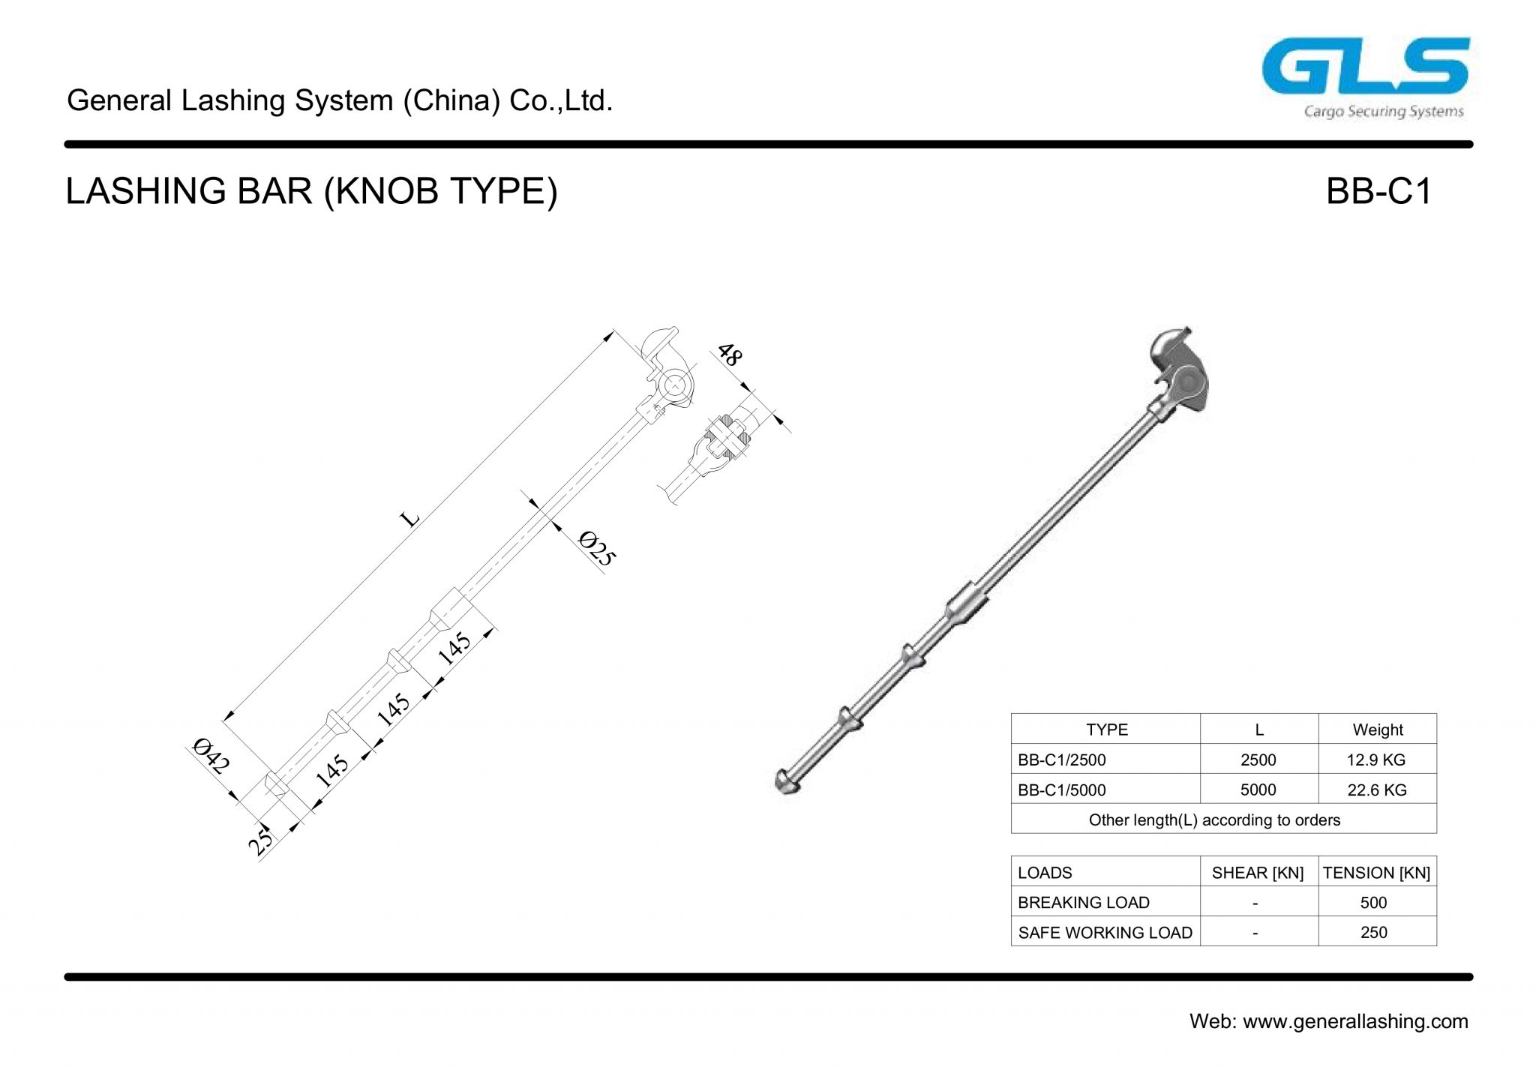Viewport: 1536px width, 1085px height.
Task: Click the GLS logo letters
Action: pos(1364,67)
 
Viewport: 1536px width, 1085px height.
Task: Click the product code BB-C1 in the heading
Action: pos(1378,192)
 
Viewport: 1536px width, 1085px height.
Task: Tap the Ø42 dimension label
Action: pos(210,756)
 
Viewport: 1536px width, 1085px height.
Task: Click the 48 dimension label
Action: pos(729,354)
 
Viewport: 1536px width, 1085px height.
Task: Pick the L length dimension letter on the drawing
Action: pos(409,518)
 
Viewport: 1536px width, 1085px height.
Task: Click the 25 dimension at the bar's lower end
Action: pos(262,841)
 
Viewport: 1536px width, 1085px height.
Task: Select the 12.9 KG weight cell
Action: pos(1375,760)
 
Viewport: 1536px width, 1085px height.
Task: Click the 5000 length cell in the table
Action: pos(1258,790)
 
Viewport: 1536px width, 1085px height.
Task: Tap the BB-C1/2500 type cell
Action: pos(1061,760)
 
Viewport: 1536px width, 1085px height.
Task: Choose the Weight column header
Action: pos(1377,730)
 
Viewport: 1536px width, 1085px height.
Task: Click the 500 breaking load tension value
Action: pos(1373,903)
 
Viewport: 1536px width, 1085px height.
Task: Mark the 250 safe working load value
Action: pos(1373,933)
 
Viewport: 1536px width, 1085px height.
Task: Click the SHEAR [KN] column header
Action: pos(1257,873)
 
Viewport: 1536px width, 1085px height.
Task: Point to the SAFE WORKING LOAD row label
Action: pos(1104,933)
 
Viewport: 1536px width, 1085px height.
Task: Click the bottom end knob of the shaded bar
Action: pos(785,781)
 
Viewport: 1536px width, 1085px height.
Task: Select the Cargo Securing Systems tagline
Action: pos(1383,112)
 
